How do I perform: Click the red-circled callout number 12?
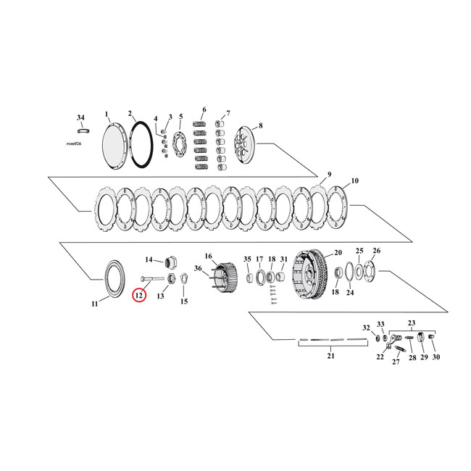[138, 294]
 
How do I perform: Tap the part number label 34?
[80, 117]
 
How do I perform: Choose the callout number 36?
[197, 269]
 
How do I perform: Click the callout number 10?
[355, 180]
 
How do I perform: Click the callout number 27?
[396, 362]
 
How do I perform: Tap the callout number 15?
[183, 301]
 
